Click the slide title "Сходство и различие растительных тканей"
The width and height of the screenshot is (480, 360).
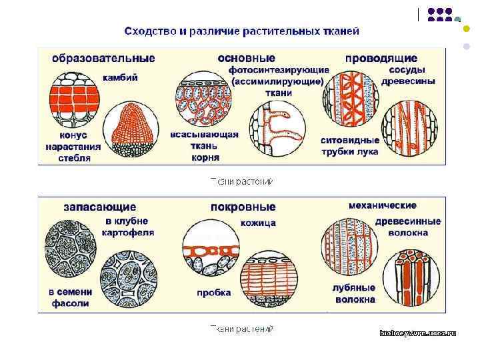pos(242,31)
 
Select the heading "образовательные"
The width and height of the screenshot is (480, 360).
pos(103,58)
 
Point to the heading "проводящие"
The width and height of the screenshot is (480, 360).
pos(381,58)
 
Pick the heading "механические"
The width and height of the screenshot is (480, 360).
pos(382,205)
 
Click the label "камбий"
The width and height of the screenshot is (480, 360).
pos(120,77)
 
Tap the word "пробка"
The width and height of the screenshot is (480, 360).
pos(213,292)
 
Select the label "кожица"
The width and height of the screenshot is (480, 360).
pos(258,223)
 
